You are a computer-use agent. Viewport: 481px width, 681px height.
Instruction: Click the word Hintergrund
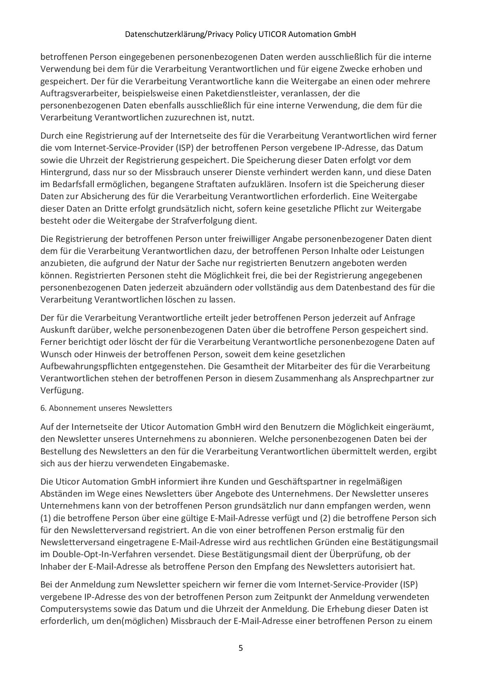(x=62, y=172)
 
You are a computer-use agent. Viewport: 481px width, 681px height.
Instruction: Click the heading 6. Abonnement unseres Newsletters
(x=106, y=408)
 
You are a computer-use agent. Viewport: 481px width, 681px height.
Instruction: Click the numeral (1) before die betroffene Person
(x=46, y=518)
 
